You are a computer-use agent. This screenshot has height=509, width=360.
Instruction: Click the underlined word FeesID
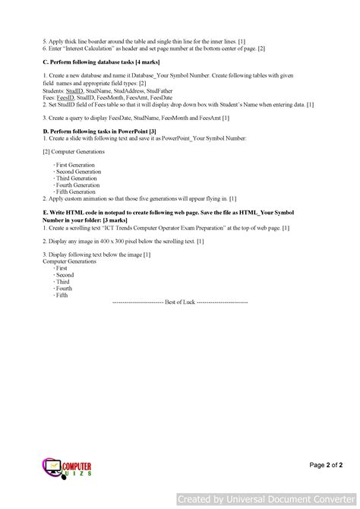(x=65, y=97)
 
